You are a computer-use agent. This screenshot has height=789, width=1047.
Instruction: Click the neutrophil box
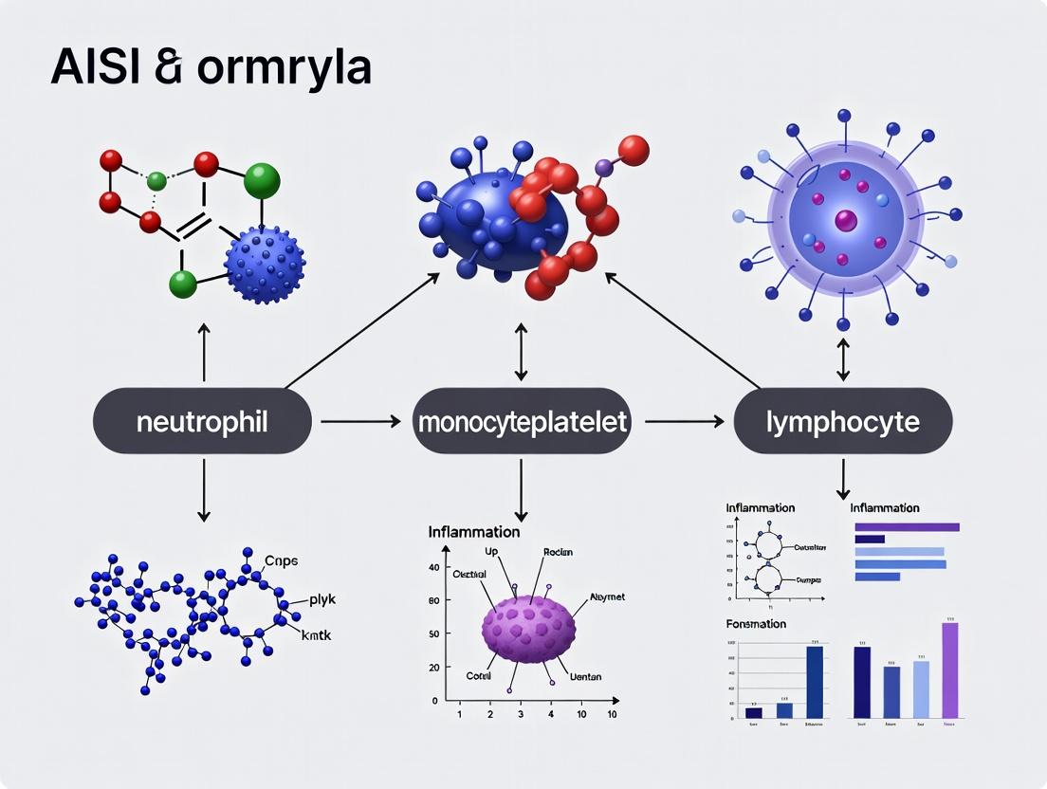pos(202,421)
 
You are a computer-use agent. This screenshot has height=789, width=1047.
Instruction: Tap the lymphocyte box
pos(842,421)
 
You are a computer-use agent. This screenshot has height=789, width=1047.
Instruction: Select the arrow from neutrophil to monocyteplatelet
pos(360,421)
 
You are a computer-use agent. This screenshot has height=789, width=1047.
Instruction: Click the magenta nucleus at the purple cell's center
pos(845,222)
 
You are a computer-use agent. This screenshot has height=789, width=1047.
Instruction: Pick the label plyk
pos(322,599)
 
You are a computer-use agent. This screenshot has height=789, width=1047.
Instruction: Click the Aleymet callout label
pos(607,597)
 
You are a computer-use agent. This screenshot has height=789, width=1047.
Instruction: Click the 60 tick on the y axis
pos(434,600)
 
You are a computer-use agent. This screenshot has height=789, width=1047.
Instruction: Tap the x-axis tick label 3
pos(521,714)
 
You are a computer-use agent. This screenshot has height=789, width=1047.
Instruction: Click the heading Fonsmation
pos(756,623)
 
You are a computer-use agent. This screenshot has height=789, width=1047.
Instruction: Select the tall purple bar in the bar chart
pos(949,669)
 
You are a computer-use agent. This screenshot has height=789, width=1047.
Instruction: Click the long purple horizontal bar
pos(907,527)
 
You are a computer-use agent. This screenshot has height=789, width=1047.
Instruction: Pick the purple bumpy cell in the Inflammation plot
pos(528,630)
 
